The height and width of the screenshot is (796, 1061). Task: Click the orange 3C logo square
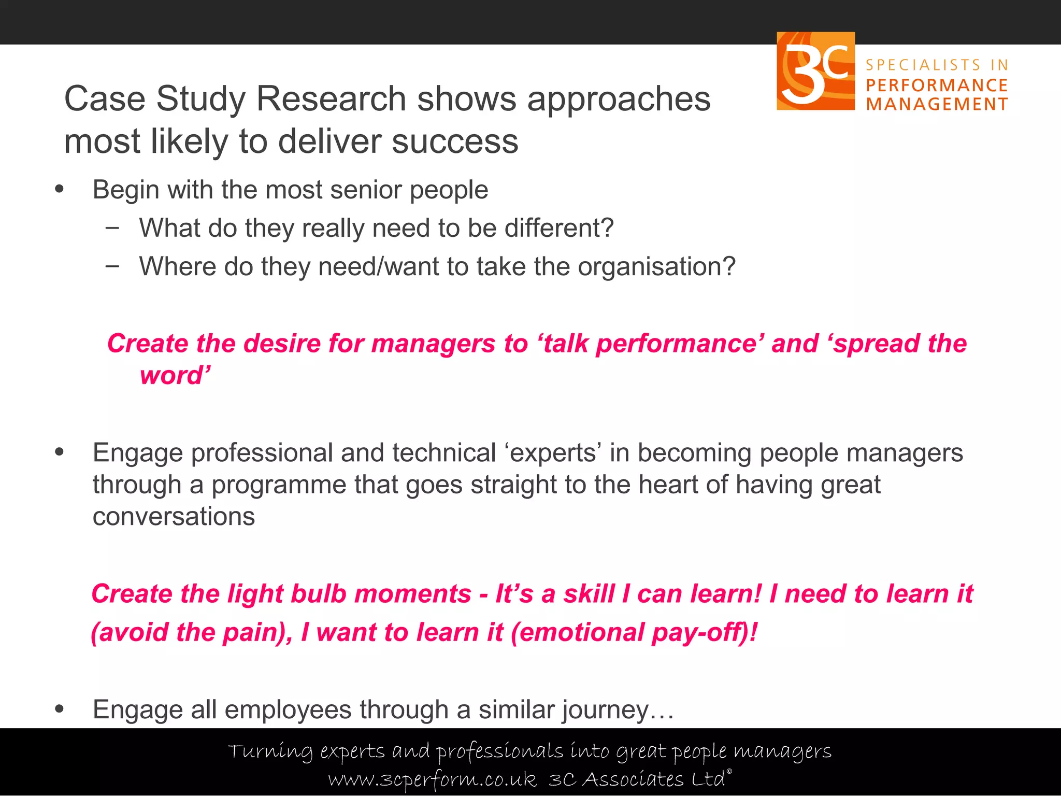point(815,71)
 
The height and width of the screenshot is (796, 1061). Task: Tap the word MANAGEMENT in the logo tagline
point(937,104)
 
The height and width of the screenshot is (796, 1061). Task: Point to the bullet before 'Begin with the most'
point(59,189)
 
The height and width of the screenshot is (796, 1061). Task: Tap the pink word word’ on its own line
point(175,375)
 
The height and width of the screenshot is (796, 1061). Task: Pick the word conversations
point(174,517)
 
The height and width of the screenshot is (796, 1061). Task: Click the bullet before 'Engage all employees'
point(59,709)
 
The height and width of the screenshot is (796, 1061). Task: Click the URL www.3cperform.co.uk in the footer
point(433,779)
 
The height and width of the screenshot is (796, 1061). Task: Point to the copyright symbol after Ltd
point(729,772)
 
